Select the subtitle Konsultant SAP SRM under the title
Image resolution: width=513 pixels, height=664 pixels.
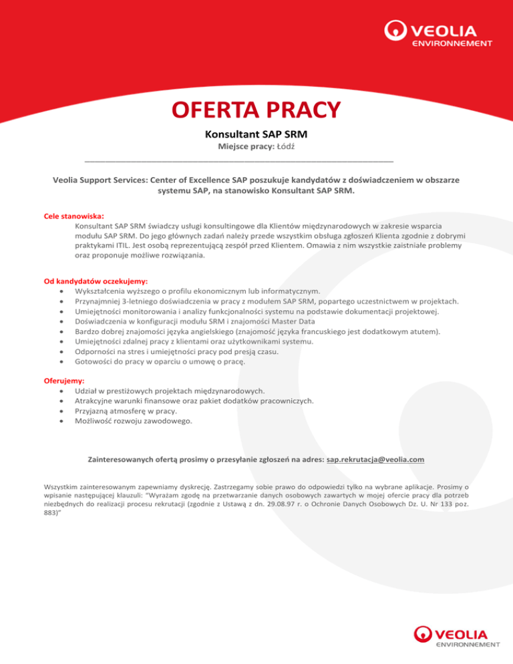(x=256, y=134)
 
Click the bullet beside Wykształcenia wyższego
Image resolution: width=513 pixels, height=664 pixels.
(x=61, y=292)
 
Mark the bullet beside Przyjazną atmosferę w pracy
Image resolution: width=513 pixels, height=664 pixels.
(x=61, y=411)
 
